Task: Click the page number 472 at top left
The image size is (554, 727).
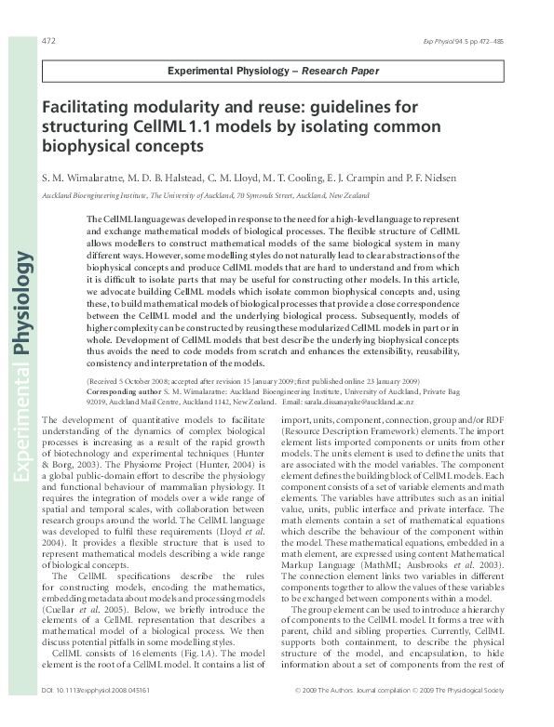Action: pos(48,41)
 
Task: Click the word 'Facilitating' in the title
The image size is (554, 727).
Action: pos(89,108)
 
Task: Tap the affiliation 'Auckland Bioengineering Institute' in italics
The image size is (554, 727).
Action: pos(90,194)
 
